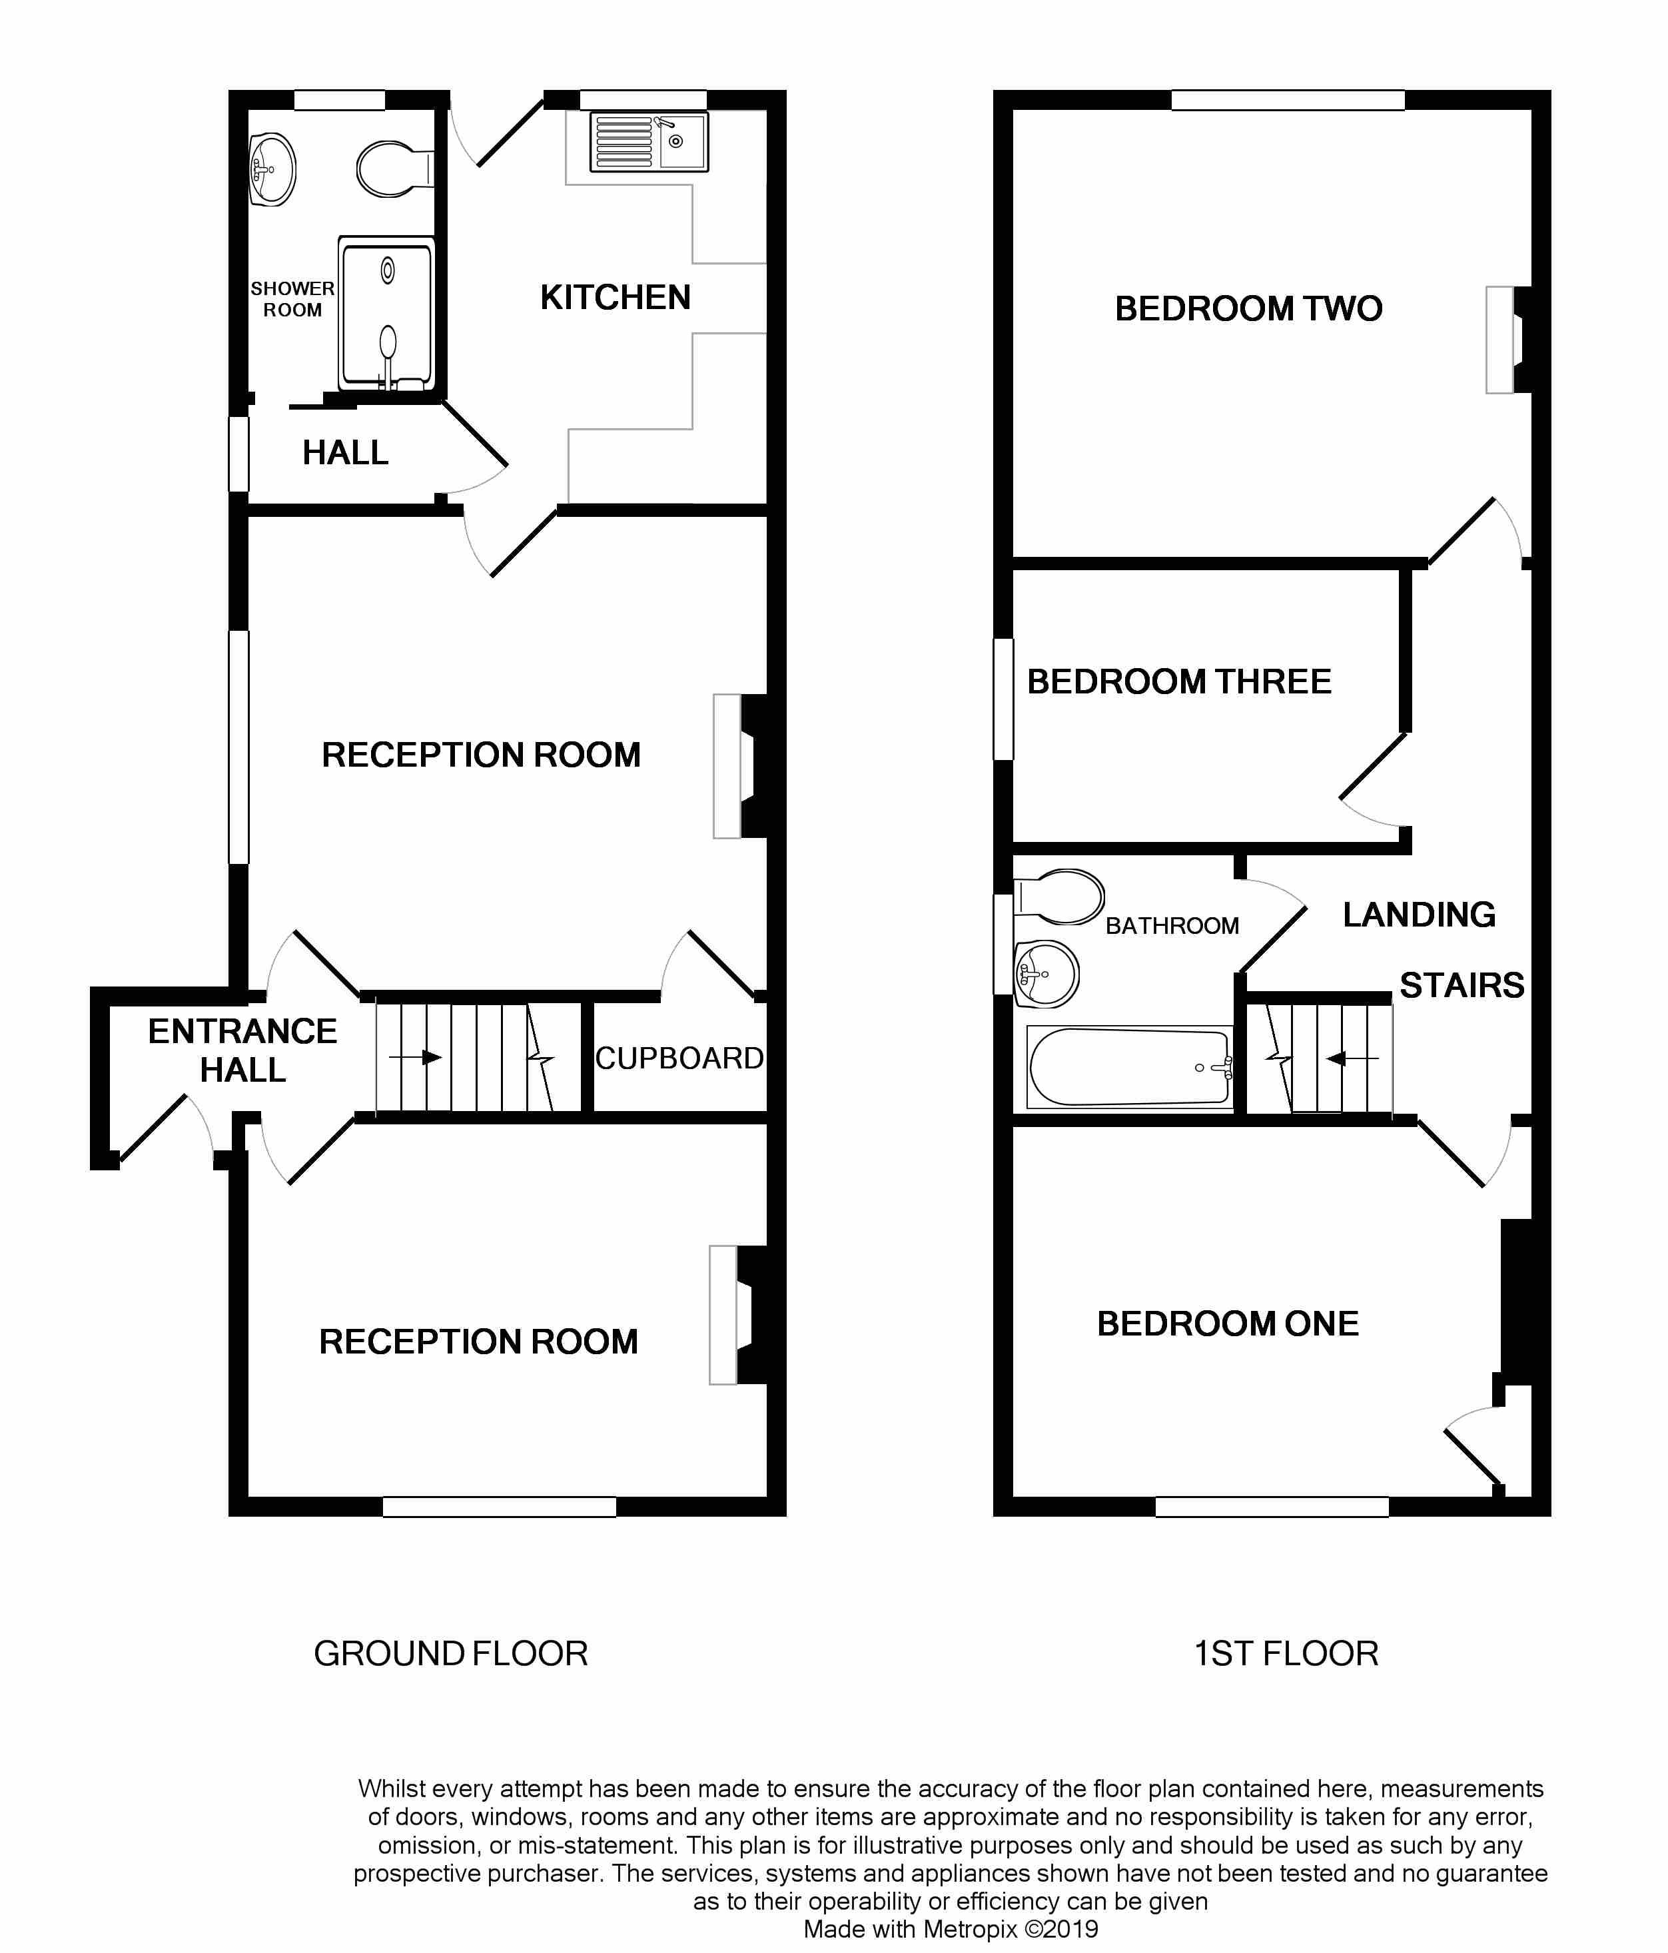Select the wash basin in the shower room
click(272, 169)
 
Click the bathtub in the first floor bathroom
click(1130, 1066)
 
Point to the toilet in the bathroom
click(1058, 897)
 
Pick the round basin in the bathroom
click(1046, 974)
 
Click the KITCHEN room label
click(616, 298)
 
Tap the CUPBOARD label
click(679, 1058)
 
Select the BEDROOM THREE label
click(1179, 681)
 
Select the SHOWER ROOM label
click(292, 299)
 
